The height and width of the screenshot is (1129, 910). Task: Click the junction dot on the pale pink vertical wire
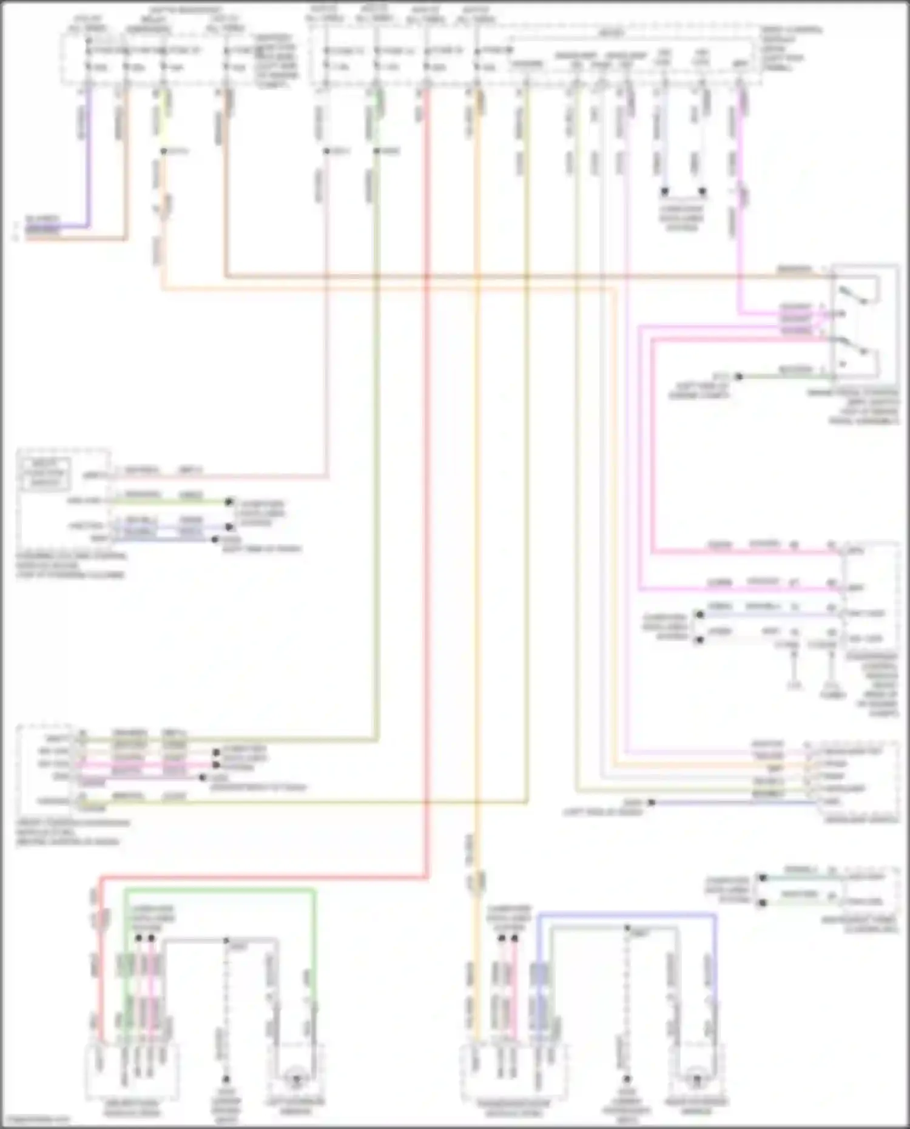[326, 151]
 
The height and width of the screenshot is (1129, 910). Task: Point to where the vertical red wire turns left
[427, 877]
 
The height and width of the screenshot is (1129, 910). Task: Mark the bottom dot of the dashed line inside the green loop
[226, 1079]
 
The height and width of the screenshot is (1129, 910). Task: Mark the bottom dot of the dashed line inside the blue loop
[627, 1079]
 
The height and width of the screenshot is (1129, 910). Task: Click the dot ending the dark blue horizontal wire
[651, 802]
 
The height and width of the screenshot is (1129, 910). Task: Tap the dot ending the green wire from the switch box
[738, 376]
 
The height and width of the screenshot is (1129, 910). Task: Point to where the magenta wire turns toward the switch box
[739, 314]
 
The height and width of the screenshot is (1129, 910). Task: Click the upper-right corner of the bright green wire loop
[314, 891]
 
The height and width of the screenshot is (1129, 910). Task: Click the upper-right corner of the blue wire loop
[715, 915]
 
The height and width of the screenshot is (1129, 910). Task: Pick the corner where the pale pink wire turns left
[327, 476]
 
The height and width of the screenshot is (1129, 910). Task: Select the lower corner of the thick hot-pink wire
[653, 551]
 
